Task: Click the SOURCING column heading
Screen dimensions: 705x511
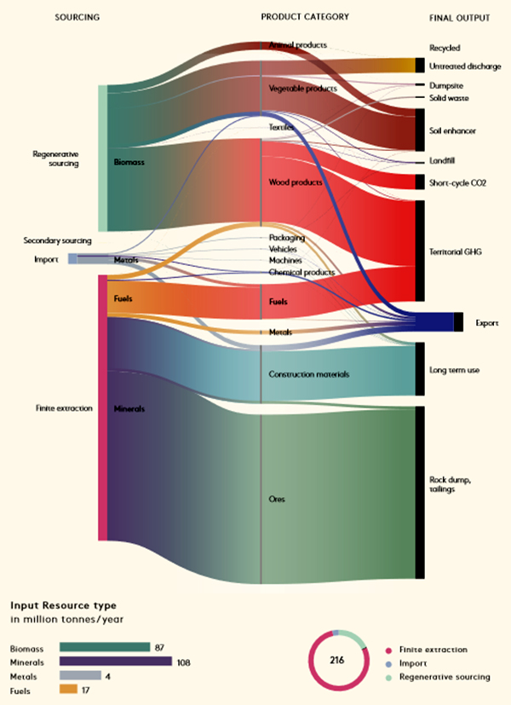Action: click(x=77, y=17)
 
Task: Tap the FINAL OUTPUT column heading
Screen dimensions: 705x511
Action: click(x=460, y=17)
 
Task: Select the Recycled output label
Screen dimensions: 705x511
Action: click(x=445, y=49)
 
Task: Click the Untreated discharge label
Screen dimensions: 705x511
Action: click(x=465, y=66)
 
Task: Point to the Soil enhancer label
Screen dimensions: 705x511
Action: click(x=452, y=130)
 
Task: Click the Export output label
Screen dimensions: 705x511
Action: click(x=487, y=323)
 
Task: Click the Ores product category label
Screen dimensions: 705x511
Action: click(x=278, y=497)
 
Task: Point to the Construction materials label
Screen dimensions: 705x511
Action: click(x=308, y=374)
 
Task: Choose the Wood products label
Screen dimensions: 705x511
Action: click(x=296, y=182)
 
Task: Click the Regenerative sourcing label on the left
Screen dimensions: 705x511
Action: click(x=55, y=159)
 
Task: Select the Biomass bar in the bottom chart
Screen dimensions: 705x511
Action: click(x=104, y=647)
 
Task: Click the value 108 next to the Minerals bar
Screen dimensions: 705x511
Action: click(x=184, y=661)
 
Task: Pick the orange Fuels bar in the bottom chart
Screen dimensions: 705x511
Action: click(x=68, y=688)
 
